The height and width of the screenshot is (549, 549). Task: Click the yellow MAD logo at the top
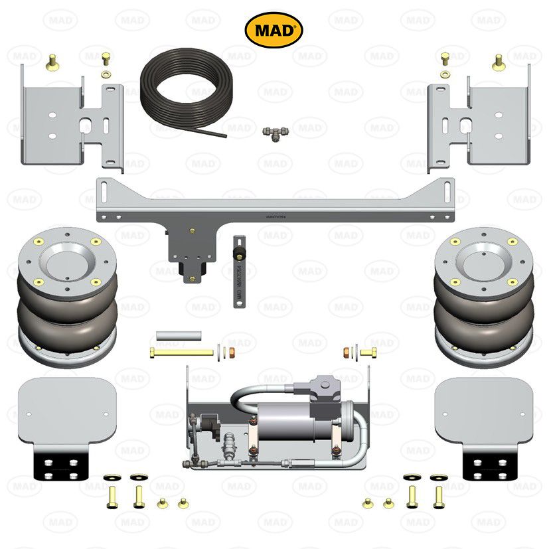tap(274, 31)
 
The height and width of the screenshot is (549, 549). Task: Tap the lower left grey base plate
tap(66, 412)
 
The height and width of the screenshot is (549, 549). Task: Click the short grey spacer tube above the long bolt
tap(177, 336)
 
